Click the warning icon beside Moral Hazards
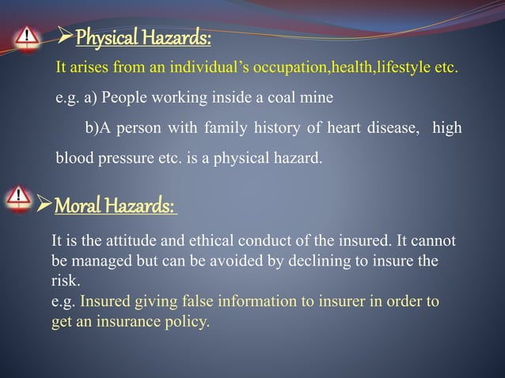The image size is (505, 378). pos(18,198)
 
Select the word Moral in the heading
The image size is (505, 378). pos(77,206)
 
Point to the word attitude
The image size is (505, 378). pos(131,241)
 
